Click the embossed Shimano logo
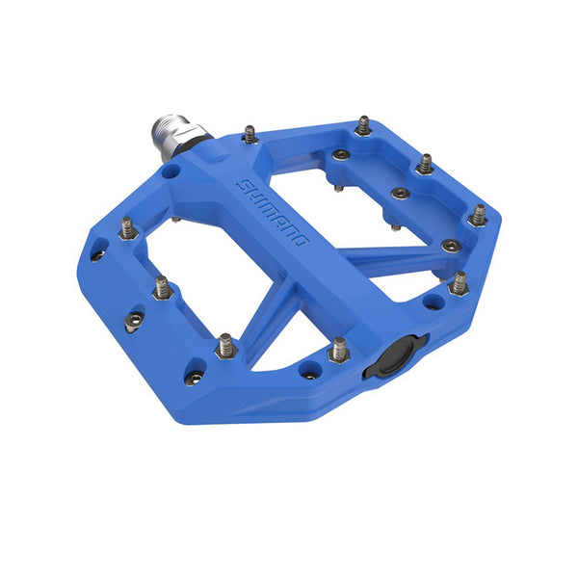(273, 213)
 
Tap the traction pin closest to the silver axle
(250, 134)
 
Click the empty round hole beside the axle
(170, 171)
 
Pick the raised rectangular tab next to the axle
(213, 150)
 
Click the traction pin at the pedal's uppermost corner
(363, 125)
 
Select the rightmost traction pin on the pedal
(478, 216)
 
